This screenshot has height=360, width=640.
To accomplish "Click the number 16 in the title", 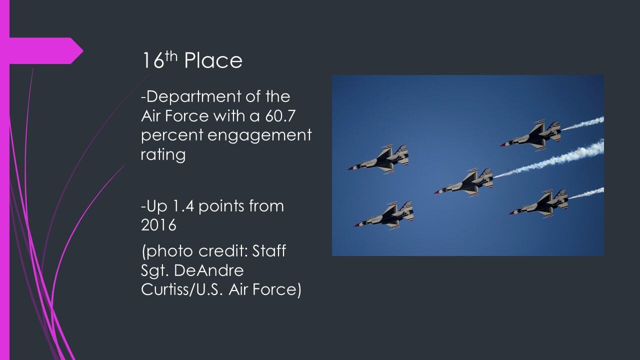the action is click(x=153, y=60).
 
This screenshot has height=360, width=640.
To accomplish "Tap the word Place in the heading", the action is click(x=213, y=60).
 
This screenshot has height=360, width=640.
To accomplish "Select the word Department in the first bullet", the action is click(x=191, y=97).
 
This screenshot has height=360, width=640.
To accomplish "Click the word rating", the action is click(x=163, y=155).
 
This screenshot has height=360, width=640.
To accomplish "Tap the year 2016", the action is click(x=158, y=225).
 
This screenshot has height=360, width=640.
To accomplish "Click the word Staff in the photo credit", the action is click(x=269, y=250).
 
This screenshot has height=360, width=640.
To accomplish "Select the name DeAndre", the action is click(x=208, y=270).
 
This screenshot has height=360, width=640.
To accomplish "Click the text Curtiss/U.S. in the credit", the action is click(x=181, y=289).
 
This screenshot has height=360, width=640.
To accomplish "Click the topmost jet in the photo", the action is click(x=531, y=134).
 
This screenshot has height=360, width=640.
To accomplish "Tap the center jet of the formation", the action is click(x=464, y=183).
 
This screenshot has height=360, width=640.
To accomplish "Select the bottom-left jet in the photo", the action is click(x=384, y=215).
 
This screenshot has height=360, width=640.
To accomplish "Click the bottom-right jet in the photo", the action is click(x=538, y=203).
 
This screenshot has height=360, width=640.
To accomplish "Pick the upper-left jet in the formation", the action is click(x=378, y=159).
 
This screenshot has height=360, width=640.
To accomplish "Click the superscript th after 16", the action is click(x=171, y=56).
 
